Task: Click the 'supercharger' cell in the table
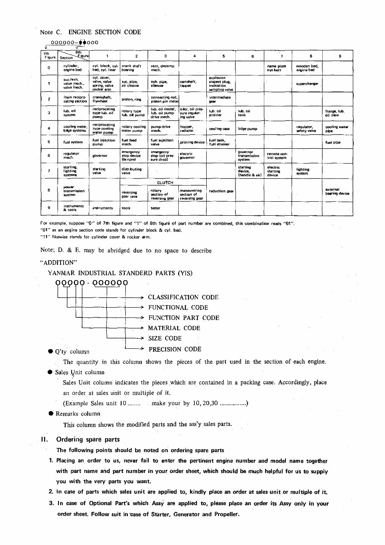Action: [307, 84]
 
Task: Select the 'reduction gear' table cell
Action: [221, 191]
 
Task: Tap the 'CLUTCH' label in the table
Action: [165, 183]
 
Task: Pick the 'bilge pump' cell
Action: [247, 129]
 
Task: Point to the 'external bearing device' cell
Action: [337, 192]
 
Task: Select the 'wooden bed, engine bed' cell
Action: [307, 68]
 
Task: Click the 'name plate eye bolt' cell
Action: [276, 68]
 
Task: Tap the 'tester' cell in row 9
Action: [155, 208]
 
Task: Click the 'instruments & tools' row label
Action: [73, 208]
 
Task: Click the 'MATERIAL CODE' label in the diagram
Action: [174, 328]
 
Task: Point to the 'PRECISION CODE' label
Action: [175, 349]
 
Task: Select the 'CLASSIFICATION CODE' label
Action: [183, 298]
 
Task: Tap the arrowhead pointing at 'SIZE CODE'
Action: [143, 338]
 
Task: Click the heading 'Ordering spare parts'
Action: [88, 439]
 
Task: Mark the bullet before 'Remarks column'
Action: [50, 414]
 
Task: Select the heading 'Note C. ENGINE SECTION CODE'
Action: [90, 32]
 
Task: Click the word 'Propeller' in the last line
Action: [224, 514]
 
